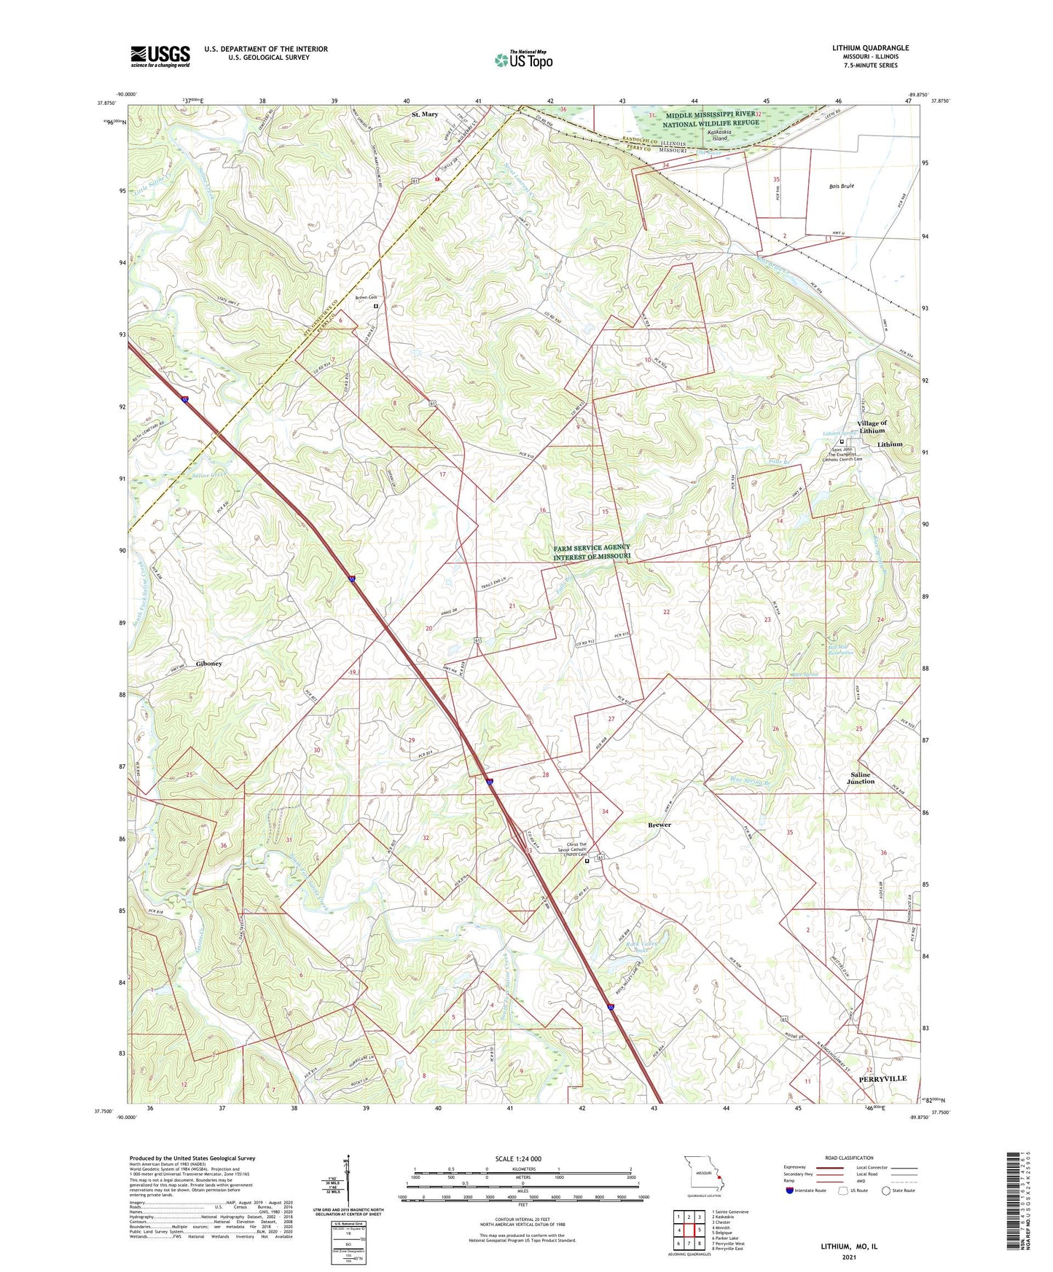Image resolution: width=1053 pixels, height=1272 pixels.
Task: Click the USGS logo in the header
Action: pos(160,55)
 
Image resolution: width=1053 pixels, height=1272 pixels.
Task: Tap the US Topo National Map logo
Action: pos(523,59)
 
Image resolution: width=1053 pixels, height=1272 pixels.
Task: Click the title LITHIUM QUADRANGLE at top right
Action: pos(870,48)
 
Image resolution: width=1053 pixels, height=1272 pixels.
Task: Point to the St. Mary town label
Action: pos(425,114)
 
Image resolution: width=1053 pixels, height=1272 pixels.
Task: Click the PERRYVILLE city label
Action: pos(882,1077)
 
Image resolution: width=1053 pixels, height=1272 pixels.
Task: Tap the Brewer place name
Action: pos(659,825)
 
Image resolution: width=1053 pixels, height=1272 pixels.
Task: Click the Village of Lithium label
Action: pos(872,427)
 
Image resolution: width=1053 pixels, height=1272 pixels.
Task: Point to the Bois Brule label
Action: pos(841,186)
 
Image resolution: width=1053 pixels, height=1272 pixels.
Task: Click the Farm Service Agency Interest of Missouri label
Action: pos(592,551)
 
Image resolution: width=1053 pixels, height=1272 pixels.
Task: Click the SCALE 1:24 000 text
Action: pos(518,1158)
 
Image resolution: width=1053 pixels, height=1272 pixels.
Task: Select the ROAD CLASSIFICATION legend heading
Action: pos(849,1158)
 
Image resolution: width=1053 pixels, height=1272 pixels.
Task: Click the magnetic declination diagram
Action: pos(348,1184)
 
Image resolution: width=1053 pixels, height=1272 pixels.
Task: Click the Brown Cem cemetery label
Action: pos(366,297)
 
